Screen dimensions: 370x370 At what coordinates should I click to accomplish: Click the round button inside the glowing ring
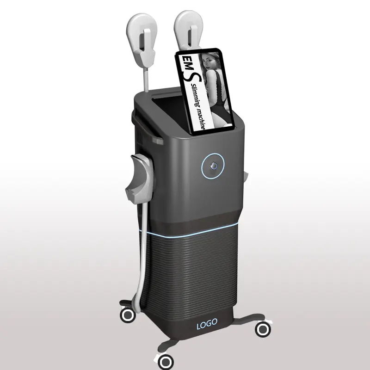pyautogui.click(x=215, y=165)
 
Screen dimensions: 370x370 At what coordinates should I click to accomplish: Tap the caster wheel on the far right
pyautogui.click(x=263, y=329)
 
